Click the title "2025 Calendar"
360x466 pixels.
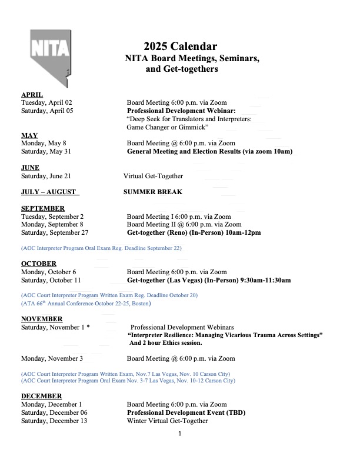(180, 46)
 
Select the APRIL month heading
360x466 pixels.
(32, 95)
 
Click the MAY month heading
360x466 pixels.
(29, 135)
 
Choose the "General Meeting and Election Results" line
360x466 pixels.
(209, 151)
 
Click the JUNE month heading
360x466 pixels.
(30, 168)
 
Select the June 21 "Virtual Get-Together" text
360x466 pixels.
(153, 176)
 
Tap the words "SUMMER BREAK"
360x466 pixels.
(153, 192)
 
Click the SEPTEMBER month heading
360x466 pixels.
(43, 208)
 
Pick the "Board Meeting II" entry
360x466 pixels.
(184, 224)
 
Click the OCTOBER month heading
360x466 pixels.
(39, 264)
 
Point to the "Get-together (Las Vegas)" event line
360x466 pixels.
(209, 281)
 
